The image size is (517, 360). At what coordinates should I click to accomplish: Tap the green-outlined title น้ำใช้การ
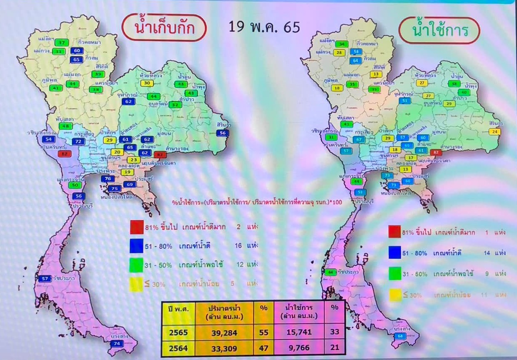tap(439, 30)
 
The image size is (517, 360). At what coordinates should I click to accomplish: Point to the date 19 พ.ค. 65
tap(264, 27)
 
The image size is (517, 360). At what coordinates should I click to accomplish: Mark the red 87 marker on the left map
tap(65, 154)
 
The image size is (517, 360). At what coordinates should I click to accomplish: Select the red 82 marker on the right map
tap(436, 152)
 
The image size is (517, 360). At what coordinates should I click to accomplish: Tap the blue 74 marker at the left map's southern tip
tap(116, 344)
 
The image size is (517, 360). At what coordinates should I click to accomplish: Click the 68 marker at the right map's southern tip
tap(401, 336)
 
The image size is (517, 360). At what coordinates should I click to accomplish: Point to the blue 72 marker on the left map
tap(78, 142)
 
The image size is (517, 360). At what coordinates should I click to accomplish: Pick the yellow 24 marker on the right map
tap(496, 132)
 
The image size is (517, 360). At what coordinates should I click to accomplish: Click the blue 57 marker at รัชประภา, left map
tap(45, 278)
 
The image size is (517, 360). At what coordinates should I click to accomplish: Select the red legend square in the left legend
tap(137, 227)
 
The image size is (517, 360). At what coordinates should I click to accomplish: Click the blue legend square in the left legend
tap(137, 246)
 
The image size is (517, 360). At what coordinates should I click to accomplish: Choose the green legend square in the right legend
tap(395, 274)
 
